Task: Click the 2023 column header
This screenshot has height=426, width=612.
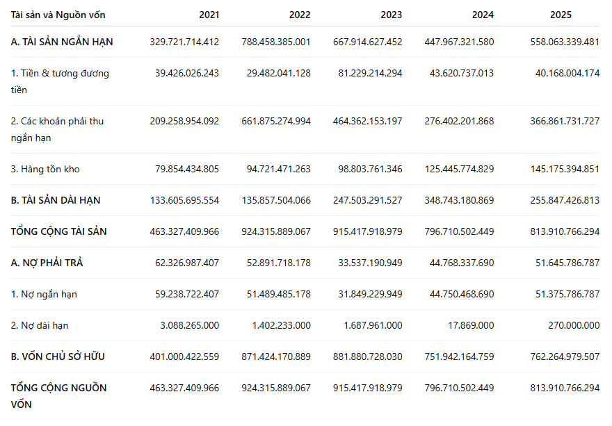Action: [x=391, y=15]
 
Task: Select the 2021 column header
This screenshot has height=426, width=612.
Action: [x=209, y=15]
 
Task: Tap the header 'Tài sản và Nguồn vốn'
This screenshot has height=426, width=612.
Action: [x=58, y=15]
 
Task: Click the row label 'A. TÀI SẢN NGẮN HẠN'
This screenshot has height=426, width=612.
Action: [x=62, y=42]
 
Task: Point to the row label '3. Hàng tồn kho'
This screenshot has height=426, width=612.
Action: [x=45, y=169]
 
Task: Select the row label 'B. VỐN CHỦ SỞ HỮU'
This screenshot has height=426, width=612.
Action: [x=58, y=357]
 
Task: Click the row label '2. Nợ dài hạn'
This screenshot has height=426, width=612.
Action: [x=40, y=325]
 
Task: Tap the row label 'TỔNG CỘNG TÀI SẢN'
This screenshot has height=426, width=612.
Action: [x=58, y=231]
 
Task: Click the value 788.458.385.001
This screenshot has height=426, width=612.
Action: [x=276, y=42]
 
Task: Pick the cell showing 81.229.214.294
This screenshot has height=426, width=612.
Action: [x=370, y=73]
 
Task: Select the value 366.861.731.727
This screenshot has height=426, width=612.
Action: [x=565, y=121]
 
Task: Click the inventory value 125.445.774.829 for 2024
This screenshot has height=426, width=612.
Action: [x=460, y=169]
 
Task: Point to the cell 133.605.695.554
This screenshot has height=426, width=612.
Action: [x=184, y=200]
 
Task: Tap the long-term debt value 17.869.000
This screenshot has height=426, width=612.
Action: [x=471, y=325]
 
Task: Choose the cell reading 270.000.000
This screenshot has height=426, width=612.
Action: [x=574, y=325]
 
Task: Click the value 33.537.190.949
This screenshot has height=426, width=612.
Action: [x=370, y=263]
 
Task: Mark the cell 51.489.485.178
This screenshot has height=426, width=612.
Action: [x=279, y=294]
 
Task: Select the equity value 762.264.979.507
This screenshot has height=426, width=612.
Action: [x=565, y=357]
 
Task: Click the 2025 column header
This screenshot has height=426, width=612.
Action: [x=561, y=15]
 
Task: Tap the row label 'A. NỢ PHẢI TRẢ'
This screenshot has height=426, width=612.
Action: [x=47, y=263]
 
